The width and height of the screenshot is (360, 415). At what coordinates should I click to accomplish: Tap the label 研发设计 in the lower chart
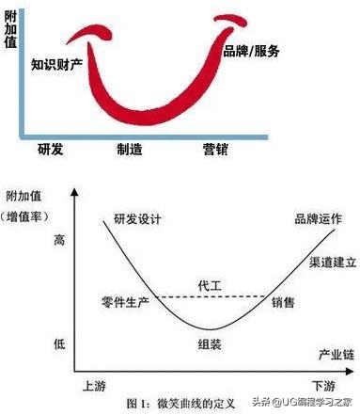(x=136, y=219)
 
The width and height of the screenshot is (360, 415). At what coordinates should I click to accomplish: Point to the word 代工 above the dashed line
(x=210, y=284)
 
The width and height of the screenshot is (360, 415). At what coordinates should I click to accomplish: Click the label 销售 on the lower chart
(x=282, y=302)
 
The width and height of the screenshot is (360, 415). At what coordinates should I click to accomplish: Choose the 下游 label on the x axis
(x=323, y=386)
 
